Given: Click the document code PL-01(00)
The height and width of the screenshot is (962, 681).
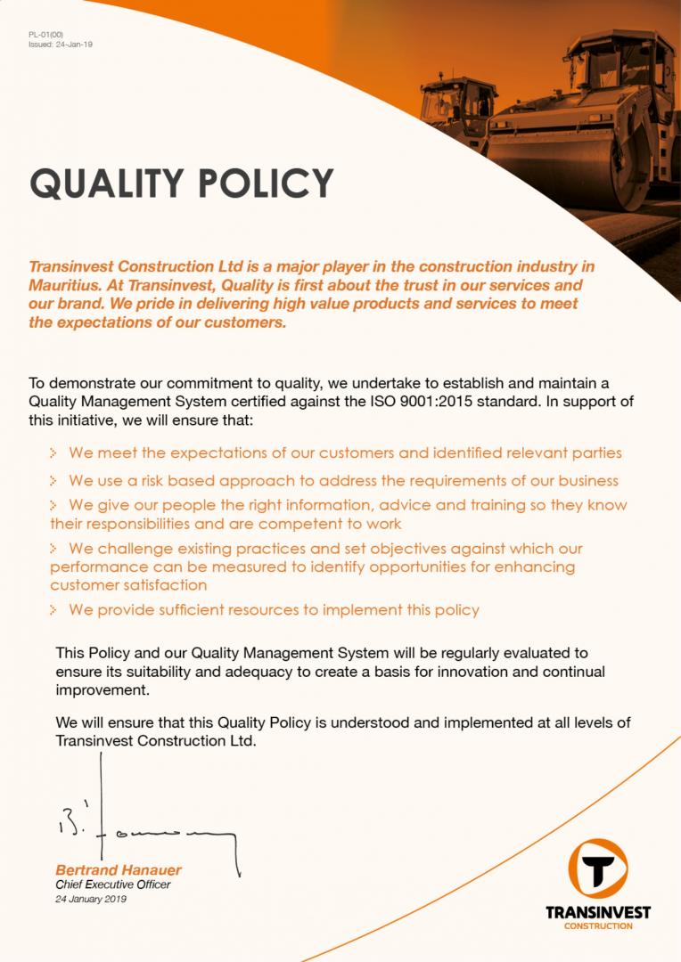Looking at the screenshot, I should tap(45, 34).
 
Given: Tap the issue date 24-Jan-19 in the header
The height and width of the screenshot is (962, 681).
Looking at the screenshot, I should tap(72, 43).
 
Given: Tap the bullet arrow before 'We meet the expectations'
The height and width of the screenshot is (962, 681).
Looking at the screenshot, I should tap(54, 453).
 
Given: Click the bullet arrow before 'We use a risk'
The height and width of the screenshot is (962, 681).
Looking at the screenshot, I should tap(54, 481).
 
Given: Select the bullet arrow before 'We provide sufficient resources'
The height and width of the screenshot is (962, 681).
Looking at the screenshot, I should tap(54, 611).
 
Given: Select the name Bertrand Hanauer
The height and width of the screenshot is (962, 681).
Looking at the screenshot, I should tap(119, 869).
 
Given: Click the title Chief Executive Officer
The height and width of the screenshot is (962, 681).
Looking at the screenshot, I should tap(112, 885).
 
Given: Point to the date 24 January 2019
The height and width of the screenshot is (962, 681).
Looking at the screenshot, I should tap(91, 899).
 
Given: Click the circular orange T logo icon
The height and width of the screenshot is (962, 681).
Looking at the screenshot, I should tap(597, 869).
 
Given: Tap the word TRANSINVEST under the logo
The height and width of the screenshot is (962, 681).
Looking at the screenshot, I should tap(598, 913).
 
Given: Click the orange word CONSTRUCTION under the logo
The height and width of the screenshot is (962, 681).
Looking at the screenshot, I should tap(598, 926).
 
